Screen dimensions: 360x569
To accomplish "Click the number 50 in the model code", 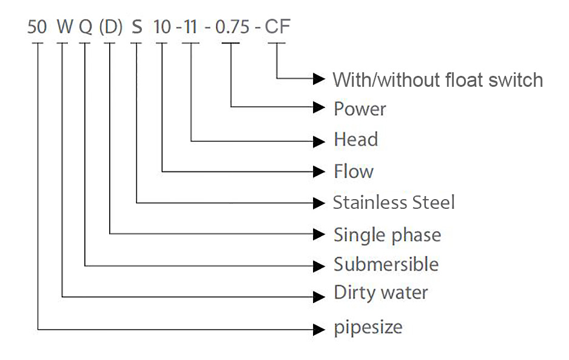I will [38, 28].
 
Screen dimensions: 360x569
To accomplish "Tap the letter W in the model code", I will [64, 28].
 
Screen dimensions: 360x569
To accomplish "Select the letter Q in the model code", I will [86, 28].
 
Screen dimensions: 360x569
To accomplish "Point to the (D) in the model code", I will [110, 28].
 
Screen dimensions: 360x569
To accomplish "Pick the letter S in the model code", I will [137, 28].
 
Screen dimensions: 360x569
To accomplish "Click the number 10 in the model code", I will [163, 28].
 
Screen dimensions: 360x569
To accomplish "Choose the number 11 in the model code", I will [191, 28].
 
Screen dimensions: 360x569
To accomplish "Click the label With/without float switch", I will [437, 80].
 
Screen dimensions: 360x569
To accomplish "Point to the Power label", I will [360, 109].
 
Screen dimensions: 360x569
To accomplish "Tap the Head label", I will [355, 140].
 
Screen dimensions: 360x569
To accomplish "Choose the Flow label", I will [354, 171].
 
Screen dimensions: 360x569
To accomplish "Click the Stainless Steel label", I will [394, 202].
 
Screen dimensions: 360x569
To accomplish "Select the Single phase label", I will [387, 234].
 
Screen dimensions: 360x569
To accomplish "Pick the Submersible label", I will [386, 265].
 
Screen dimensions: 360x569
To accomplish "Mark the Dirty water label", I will [381, 293].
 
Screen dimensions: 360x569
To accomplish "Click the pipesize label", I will [368, 328].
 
